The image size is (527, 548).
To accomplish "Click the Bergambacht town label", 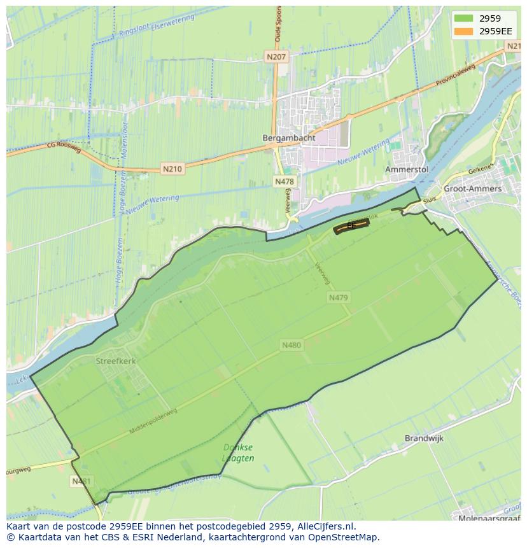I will click(x=283, y=137).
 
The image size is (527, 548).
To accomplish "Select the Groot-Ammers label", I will click(x=472, y=189).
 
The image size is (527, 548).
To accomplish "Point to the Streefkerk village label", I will click(x=116, y=361).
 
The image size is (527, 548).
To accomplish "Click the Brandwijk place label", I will click(x=424, y=439).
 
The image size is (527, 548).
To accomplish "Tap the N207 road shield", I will click(x=277, y=57).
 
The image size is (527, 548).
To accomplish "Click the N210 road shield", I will click(x=172, y=169).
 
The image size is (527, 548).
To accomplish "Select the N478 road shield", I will click(x=285, y=182).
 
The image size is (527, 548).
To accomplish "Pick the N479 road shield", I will click(x=339, y=297).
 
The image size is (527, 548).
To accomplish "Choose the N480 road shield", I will click(x=291, y=345).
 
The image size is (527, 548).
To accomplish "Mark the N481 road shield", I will click(x=80, y=481).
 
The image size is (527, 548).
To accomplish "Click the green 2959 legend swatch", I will click(x=463, y=18).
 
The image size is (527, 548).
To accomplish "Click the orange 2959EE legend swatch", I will click(x=463, y=31).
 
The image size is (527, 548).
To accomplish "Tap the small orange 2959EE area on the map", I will click(x=351, y=227).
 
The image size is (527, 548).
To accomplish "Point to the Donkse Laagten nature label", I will click(x=238, y=453).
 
